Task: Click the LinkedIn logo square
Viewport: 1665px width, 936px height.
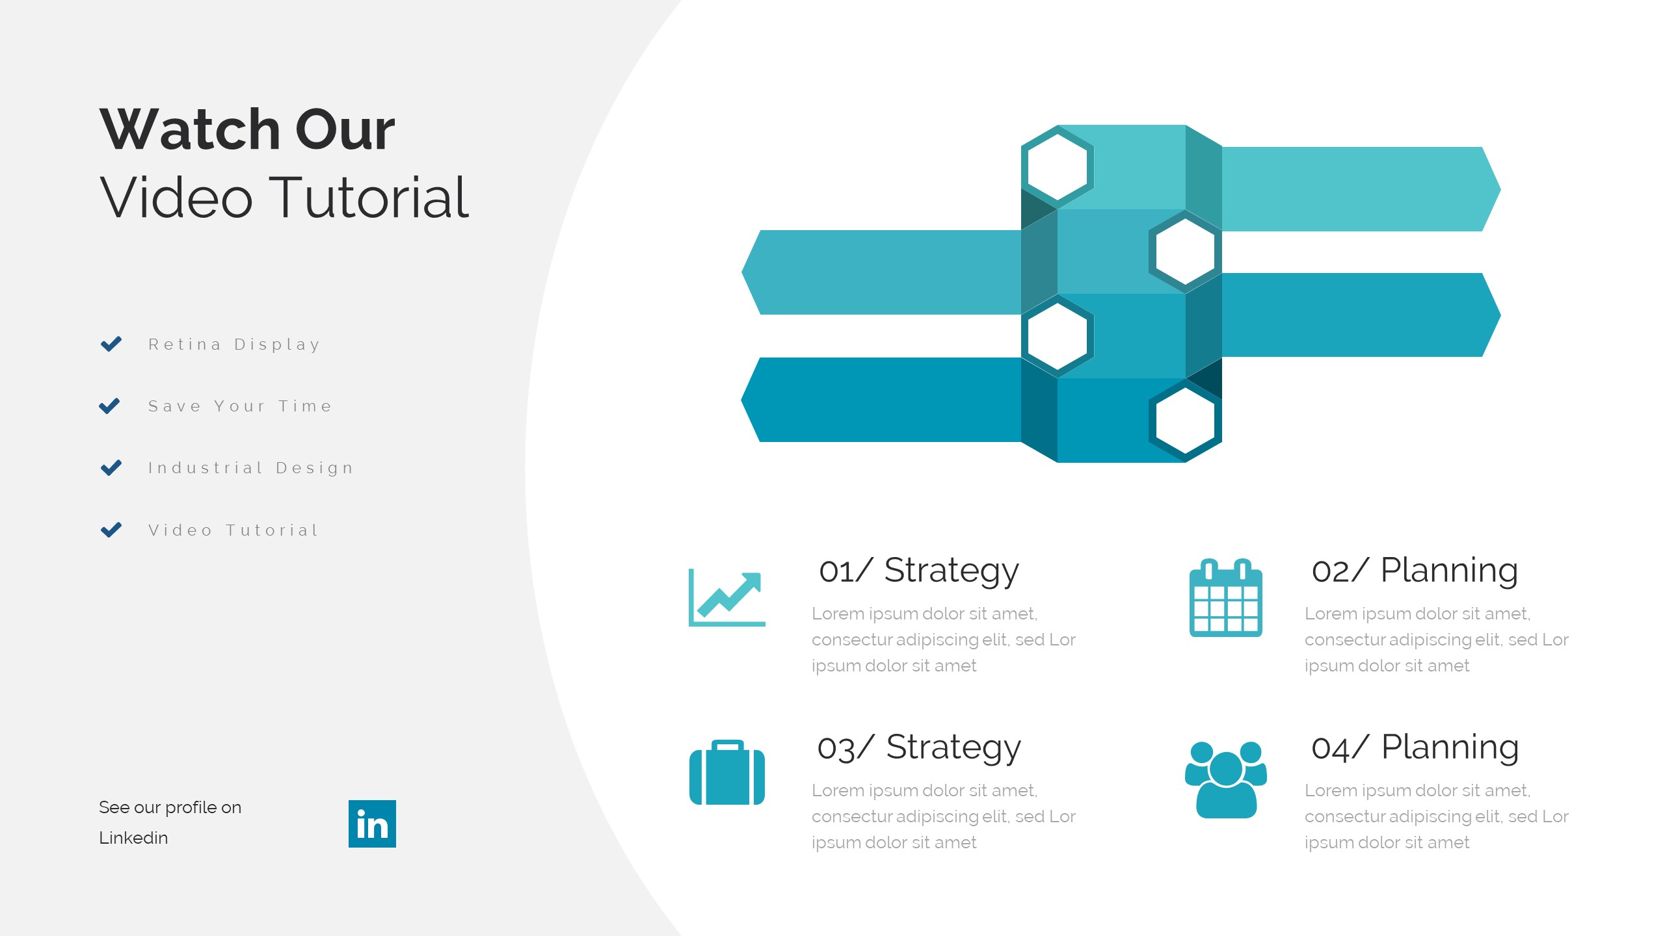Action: pos(372,824)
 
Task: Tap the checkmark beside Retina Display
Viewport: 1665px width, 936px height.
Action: pos(111,344)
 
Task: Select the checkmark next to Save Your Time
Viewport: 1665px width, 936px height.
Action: pos(109,406)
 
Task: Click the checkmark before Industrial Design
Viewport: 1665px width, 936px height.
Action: pos(111,467)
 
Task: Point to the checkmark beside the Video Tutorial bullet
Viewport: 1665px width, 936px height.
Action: pos(111,530)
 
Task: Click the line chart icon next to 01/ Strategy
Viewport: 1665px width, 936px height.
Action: pos(727,598)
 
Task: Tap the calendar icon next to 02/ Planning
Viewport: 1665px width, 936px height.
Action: pos(1226,597)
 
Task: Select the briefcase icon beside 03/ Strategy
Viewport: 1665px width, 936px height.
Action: pos(727,772)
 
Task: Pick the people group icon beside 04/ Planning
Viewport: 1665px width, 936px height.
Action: pos(1226,779)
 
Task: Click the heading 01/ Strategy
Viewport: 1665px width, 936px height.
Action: pos(919,571)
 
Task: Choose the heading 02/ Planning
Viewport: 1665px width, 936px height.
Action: pos(1415,571)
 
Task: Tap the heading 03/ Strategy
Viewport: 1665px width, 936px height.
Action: pos(919,747)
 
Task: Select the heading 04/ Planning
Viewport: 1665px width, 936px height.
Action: pos(1415,747)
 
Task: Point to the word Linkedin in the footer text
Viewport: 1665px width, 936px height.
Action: pos(133,838)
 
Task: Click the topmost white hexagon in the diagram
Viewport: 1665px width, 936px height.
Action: pos(1058,166)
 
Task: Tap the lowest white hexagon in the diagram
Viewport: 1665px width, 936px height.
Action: pos(1185,420)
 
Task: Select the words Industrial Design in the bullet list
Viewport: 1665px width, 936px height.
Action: pos(251,468)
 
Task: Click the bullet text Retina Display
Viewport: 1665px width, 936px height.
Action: pos(235,344)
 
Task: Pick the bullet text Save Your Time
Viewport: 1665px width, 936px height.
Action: pos(241,406)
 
